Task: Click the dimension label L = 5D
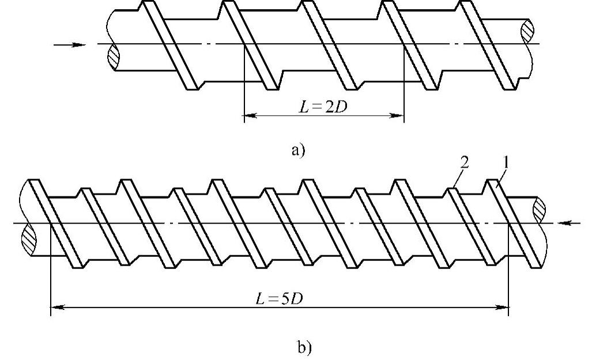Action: tap(283, 299)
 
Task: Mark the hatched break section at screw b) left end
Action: tap(27, 236)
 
